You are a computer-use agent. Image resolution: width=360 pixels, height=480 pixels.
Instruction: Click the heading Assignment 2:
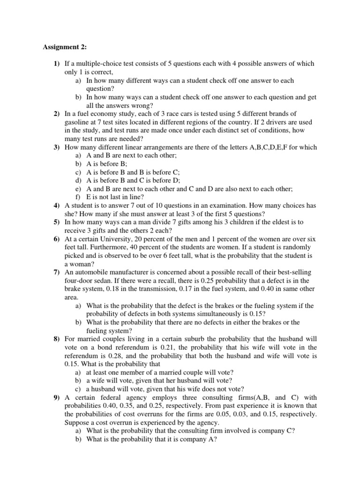(61, 46)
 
